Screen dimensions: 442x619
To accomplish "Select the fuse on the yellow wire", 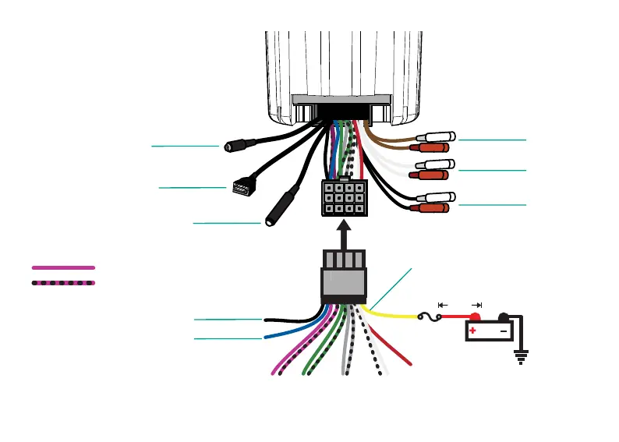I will click(430, 317).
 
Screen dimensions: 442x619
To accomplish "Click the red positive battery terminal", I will click(473, 317).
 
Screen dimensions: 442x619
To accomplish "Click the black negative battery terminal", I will click(504, 317).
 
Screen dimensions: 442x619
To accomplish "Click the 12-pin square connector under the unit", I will click(342, 198).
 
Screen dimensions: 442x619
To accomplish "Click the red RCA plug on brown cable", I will click(430, 147).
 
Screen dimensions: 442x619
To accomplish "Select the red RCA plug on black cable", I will click(430, 209).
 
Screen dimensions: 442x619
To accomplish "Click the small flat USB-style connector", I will click(240, 187).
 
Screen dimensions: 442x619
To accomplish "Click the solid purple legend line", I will click(63, 267).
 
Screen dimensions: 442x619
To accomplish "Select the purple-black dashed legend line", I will click(63, 282).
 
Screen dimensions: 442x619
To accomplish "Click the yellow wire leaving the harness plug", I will click(390, 314).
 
